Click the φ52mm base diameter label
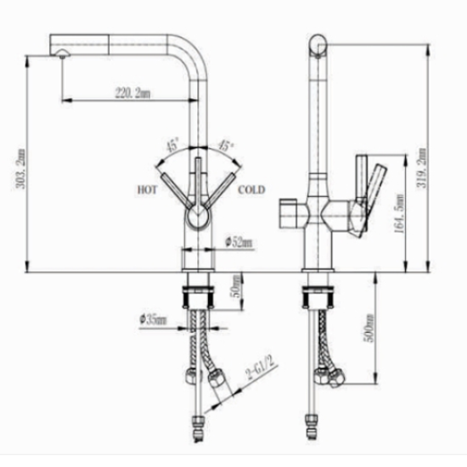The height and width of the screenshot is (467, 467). [238, 243]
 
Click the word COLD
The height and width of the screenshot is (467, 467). [251, 189]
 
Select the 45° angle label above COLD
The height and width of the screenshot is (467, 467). [226, 146]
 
